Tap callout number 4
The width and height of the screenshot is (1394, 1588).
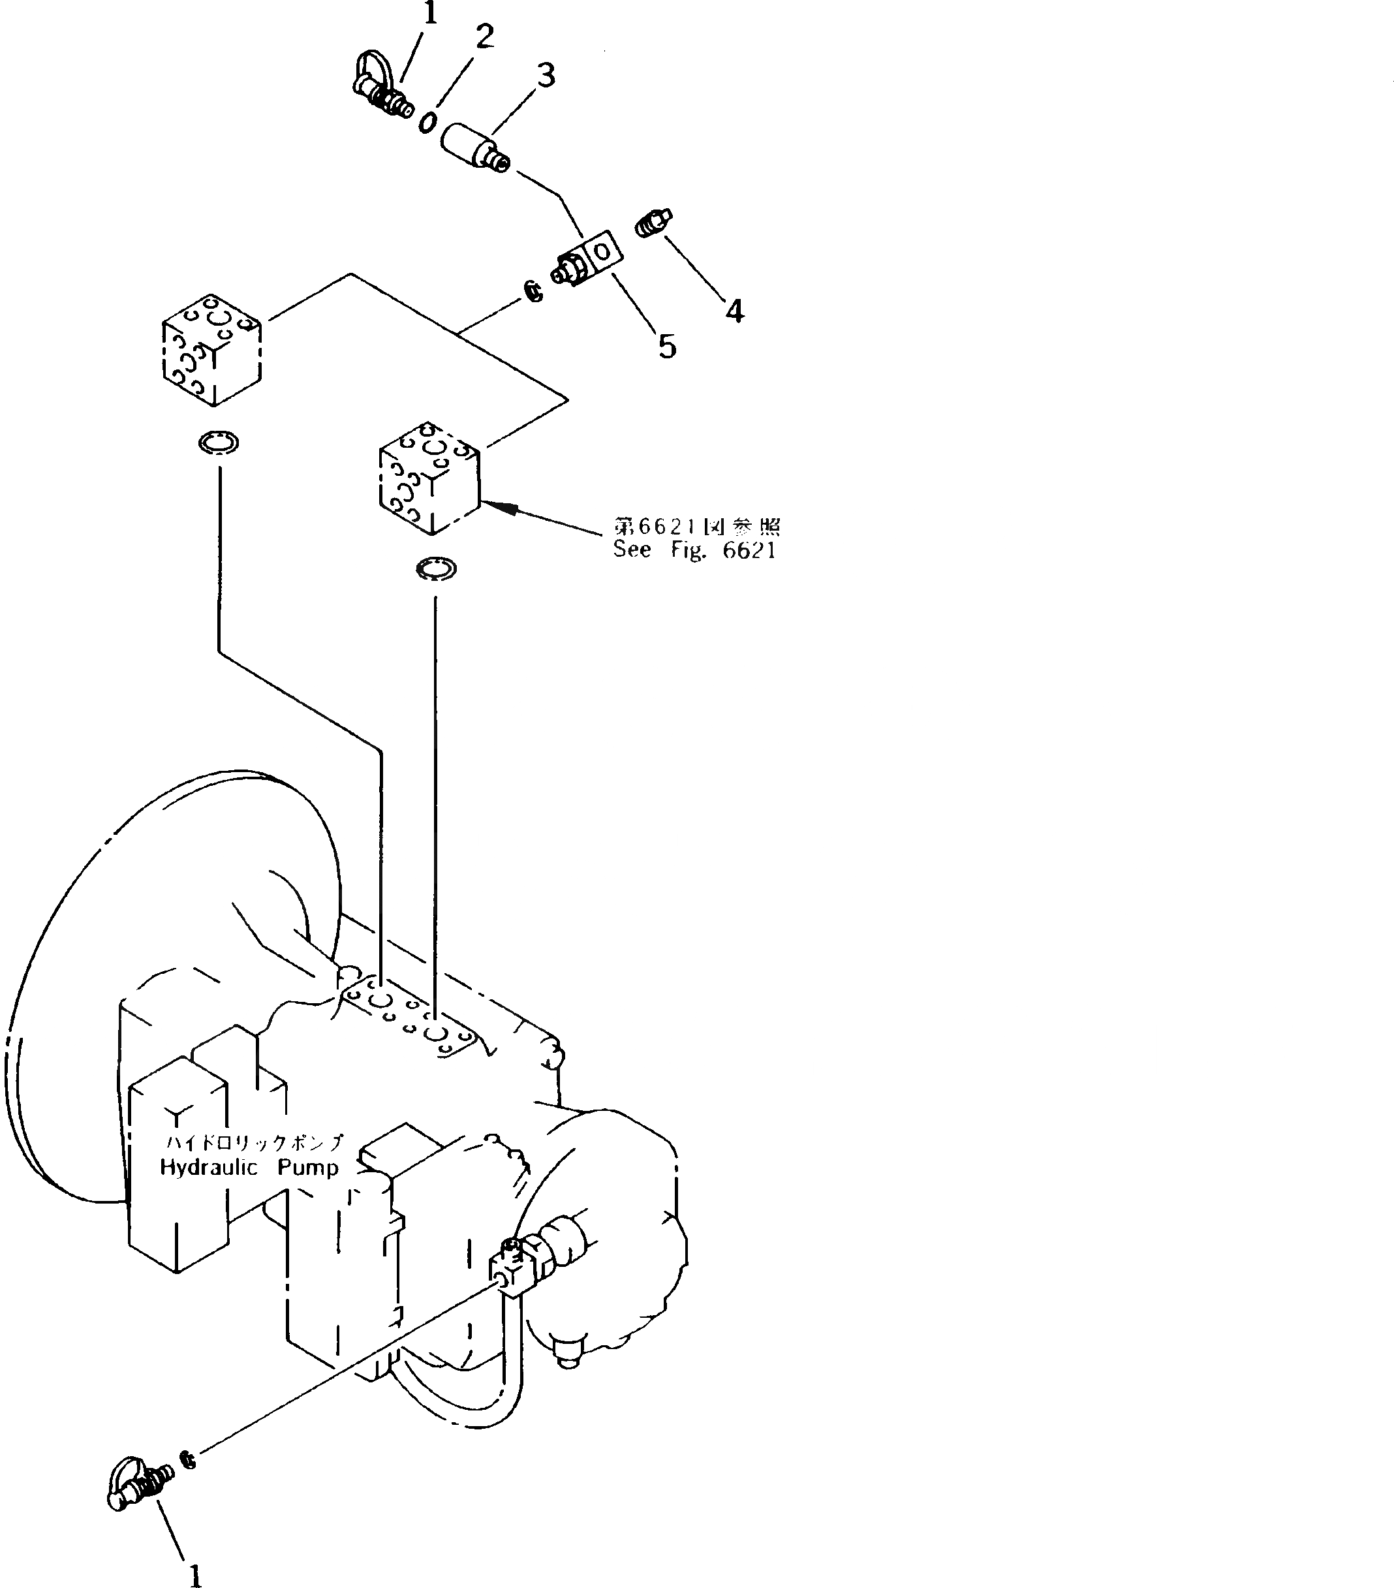click(734, 311)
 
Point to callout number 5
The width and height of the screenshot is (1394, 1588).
click(667, 347)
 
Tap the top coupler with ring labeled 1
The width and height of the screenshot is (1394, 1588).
click(383, 89)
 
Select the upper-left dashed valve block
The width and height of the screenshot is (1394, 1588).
click(211, 350)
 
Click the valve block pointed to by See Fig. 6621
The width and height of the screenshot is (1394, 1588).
click(429, 478)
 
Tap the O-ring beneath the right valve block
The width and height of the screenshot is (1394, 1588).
click(436, 568)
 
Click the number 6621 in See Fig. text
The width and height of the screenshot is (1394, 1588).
click(749, 550)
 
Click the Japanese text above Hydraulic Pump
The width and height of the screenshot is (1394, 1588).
click(254, 1164)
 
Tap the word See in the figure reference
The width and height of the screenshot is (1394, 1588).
click(631, 550)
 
